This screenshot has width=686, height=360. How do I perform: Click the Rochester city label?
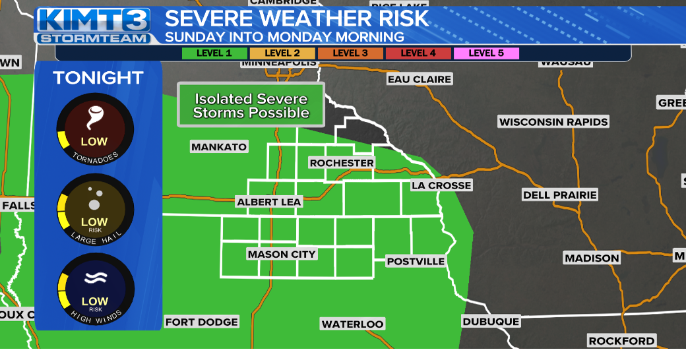pyautogui.click(x=342, y=163)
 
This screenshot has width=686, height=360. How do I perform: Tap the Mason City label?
pyautogui.click(x=282, y=254)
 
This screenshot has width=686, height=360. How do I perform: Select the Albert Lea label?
pyautogui.click(x=269, y=202)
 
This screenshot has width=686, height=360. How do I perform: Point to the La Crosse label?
pyautogui.click(x=441, y=185)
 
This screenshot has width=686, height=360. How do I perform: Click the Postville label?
pyautogui.click(x=416, y=261)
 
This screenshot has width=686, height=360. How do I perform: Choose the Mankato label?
pyautogui.click(x=219, y=146)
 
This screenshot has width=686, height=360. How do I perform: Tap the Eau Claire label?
pyautogui.click(x=420, y=79)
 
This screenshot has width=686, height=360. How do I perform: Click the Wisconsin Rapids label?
pyautogui.click(x=553, y=122)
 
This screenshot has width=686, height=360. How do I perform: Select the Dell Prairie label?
pyautogui.click(x=559, y=195)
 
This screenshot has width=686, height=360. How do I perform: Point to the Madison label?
pyautogui.click(x=592, y=258)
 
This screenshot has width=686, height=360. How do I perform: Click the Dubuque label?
pyautogui.click(x=491, y=321)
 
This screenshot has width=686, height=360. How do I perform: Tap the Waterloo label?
pyautogui.click(x=352, y=324)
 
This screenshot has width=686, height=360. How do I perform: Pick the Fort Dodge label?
pyautogui.click(x=201, y=322)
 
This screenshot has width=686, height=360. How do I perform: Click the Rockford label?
pyautogui.click(x=621, y=341)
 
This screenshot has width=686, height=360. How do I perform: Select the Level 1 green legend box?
pyautogui.click(x=214, y=53)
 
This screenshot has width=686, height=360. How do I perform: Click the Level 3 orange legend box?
pyautogui.click(x=350, y=53)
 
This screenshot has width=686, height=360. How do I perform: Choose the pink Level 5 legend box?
pyautogui.click(x=486, y=53)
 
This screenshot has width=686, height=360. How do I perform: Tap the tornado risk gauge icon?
pyautogui.click(x=95, y=129)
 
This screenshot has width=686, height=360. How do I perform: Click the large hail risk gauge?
pyautogui.click(x=95, y=210)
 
